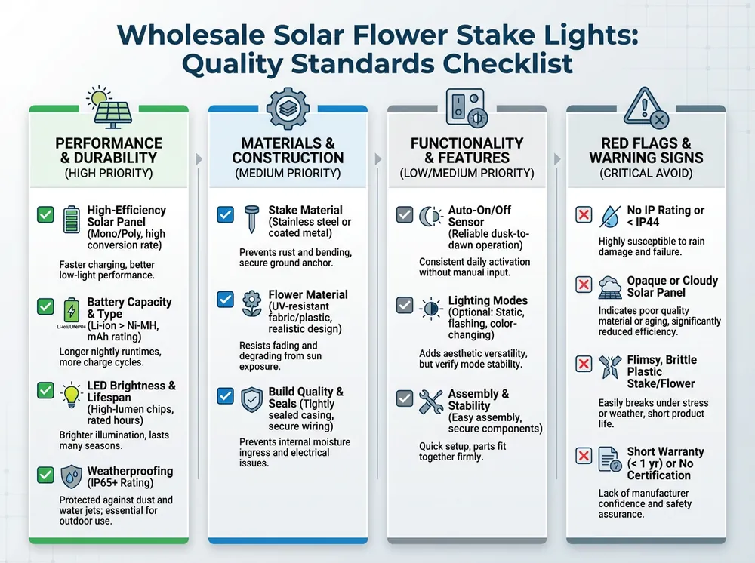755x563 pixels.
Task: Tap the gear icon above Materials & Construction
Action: pos(288,108)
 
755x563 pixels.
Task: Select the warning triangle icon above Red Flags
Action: pos(647,106)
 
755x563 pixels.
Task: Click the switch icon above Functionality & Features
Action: pos(467,108)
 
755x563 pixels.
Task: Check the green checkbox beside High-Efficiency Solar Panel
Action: pos(45,215)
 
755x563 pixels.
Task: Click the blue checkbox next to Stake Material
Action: pos(225,215)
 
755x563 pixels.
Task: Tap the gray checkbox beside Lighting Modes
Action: pos(405,306)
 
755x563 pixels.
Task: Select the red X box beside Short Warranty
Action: pos(584,456)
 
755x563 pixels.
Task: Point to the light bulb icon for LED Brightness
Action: pos(70,394)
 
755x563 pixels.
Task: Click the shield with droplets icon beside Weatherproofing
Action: pos(70,476)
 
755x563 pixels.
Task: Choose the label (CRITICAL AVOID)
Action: pos(646,174)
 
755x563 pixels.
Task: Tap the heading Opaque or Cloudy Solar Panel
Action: pos(672,286)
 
